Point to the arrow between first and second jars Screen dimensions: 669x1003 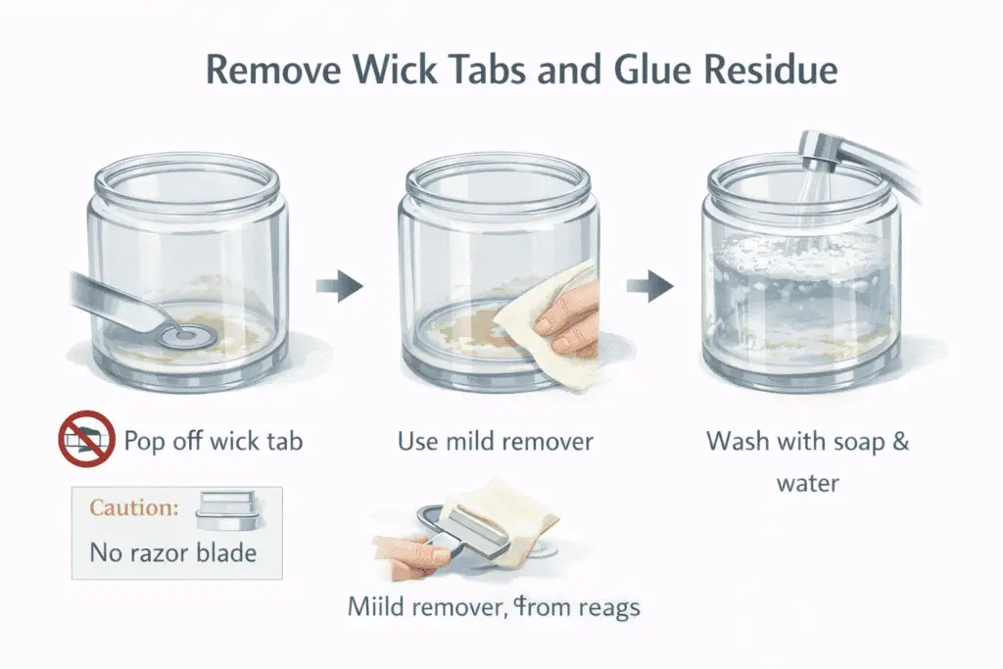[339, 286]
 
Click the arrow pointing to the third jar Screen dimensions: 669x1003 [650, 286]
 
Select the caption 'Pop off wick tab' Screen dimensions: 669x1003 [214, 440]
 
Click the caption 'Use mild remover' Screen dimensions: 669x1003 [496, 442]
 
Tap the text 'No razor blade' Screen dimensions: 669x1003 [172, 552]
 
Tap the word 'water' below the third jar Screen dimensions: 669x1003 [808, 483]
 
